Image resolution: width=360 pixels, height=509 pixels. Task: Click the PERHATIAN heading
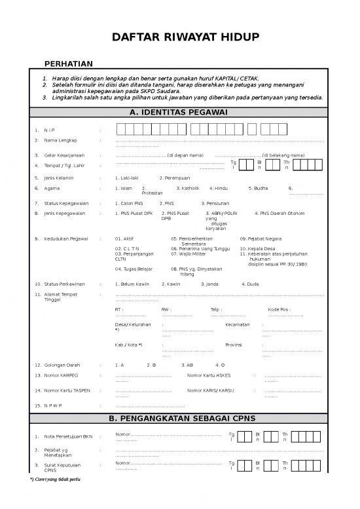tap(67, 64)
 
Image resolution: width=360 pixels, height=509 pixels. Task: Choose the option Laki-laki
tap(126, 178)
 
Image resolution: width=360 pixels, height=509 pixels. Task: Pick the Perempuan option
tap(175, 178)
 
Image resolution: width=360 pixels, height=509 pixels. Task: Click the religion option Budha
tap(259, 188)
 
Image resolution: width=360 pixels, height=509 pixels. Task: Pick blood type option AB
tap(189, 364)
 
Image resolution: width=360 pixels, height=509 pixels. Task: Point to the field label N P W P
tap(52, 405)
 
